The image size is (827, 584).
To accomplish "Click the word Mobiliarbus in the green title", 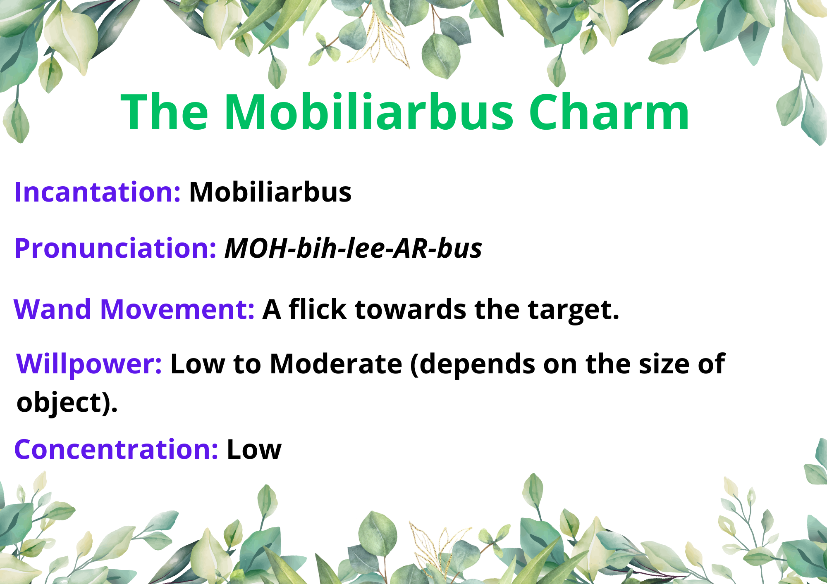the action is pyautogui.click(x=368, y=112).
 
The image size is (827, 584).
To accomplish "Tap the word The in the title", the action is pyautogui.click(x=165, y=112).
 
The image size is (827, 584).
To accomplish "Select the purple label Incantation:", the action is pyautogui.click(x=98, y=192).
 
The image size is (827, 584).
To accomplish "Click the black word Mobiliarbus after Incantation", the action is pyautogui.click(x=270, y=192).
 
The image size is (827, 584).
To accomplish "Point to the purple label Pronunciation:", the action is pyautogui.click(x=115, y=248).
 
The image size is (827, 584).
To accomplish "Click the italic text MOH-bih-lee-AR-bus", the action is pyautogui.click(x=353, y=248).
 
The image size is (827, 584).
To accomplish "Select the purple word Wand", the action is pyautogui.click(x=53, y=309).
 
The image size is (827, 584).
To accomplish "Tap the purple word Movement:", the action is pyautogui.click(x=177, y=309).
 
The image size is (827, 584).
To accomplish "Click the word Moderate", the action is pyautogui.click(x=336, y=364).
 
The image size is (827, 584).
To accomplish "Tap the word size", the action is pyautogui.click(x=664, y=364).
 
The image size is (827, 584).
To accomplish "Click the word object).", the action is pyautogui.click(x=67, y=402).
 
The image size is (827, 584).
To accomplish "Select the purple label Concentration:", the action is pyautogui.click(x=116, y=449).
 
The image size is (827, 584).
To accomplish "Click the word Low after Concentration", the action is pyautogui.click(x=254, y=449).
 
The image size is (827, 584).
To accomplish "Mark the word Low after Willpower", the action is pyautogui.click(x=198, y=364).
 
